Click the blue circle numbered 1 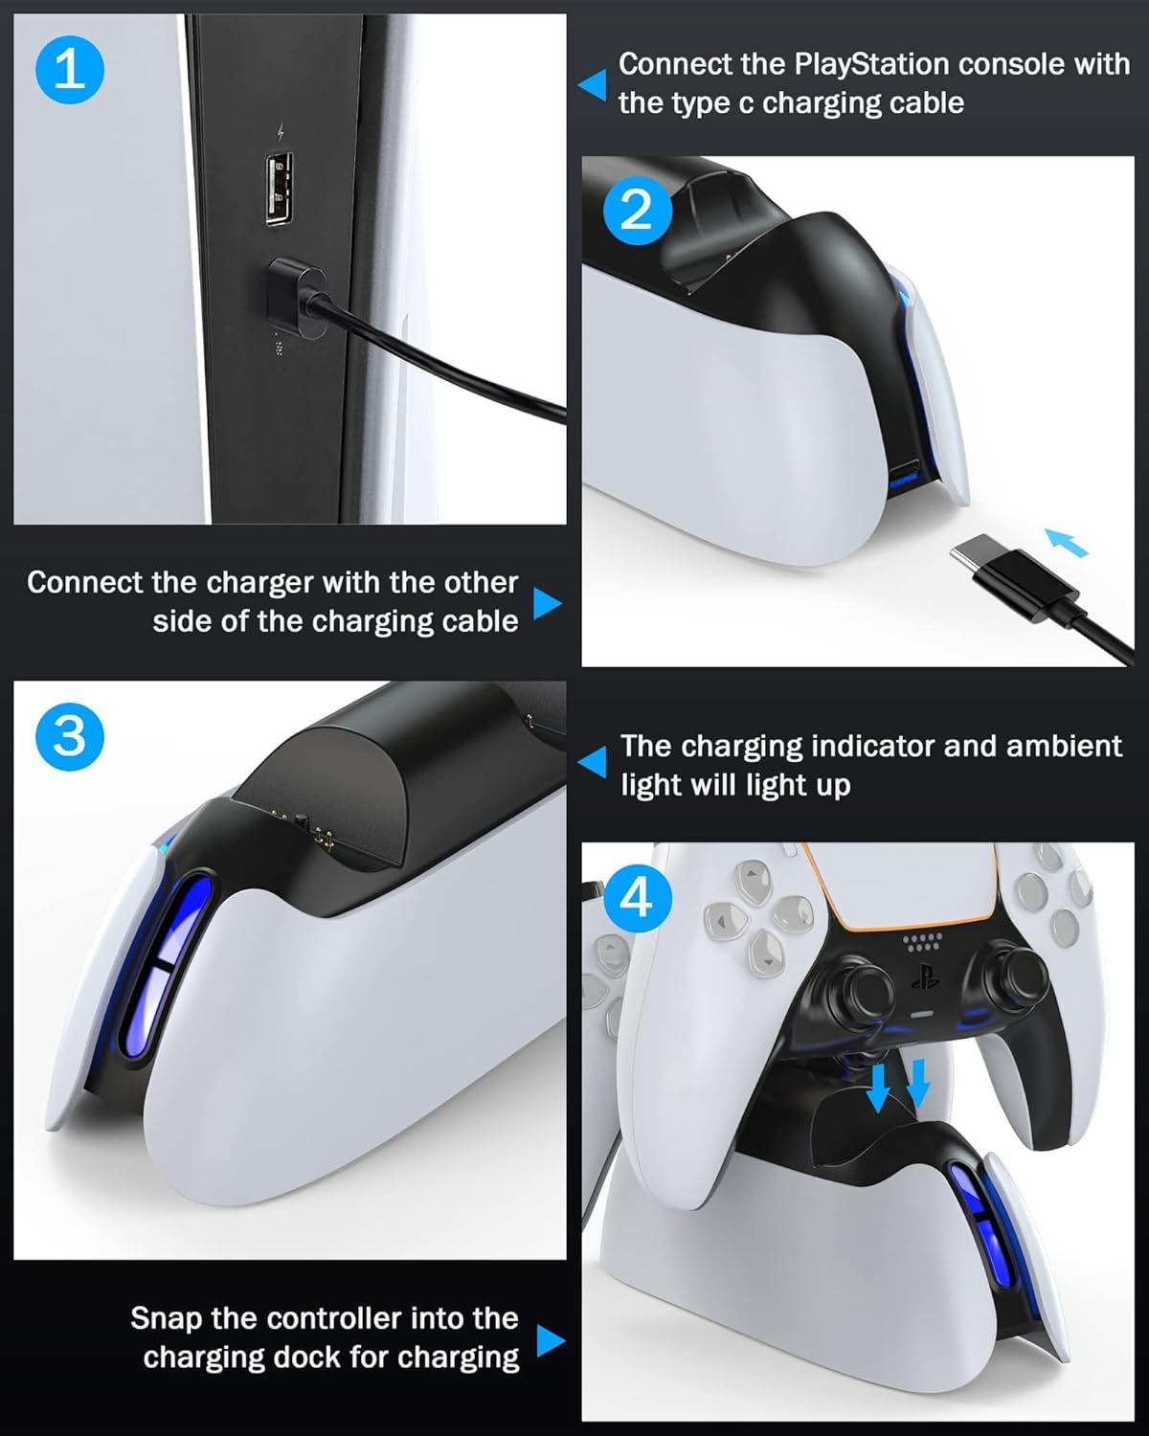70,70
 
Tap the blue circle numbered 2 637,211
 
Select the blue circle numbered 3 70,737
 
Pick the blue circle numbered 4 637,898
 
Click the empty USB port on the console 280,190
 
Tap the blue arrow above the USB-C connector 1067,543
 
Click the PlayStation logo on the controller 925,977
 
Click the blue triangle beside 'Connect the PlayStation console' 593,85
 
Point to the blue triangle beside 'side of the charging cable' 548,603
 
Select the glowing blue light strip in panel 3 167,968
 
